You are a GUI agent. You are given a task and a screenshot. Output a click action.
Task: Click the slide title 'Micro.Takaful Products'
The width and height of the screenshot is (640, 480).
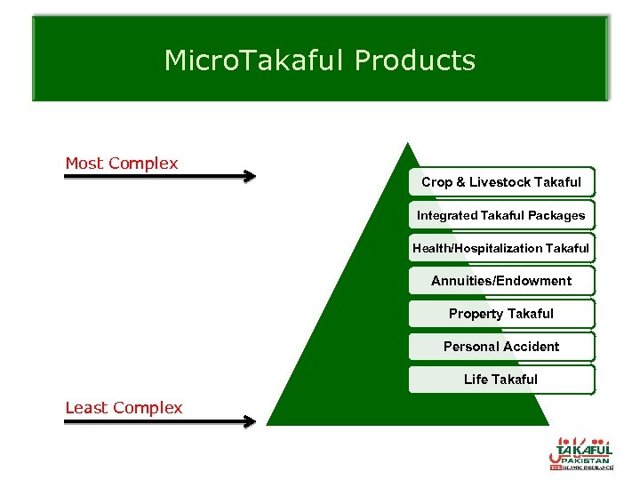(x=320, y=60)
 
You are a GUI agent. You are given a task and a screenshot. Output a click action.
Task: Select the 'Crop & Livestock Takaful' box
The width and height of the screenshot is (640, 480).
(x=501, y=182)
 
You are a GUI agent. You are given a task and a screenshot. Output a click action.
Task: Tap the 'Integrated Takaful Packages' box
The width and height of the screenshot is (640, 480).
(x=501, y=215)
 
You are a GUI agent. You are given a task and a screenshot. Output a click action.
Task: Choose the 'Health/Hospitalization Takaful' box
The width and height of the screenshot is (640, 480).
(x=501, y=248)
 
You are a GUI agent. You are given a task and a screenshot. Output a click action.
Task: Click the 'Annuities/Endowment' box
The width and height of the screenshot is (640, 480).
(x=501, y=281)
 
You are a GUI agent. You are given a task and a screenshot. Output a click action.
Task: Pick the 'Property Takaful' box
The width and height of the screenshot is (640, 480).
(x=501, y=314)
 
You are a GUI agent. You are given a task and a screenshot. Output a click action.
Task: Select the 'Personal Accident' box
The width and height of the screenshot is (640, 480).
(x=501, y=347)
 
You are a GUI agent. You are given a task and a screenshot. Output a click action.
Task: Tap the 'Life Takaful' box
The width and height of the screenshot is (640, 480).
(x=501, y=380)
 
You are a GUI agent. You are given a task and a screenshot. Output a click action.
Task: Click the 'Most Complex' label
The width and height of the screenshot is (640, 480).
(x=122, y=164)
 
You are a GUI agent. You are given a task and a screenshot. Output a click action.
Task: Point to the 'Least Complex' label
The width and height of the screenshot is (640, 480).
(x=124, y=408)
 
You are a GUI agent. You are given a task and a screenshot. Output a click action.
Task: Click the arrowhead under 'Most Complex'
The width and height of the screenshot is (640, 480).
(x=249, y=177)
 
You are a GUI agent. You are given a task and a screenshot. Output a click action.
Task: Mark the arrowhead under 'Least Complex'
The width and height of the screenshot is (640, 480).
(x=249, y=421)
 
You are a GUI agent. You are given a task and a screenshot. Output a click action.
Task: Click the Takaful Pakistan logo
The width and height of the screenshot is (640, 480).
(x=581, y=452)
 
